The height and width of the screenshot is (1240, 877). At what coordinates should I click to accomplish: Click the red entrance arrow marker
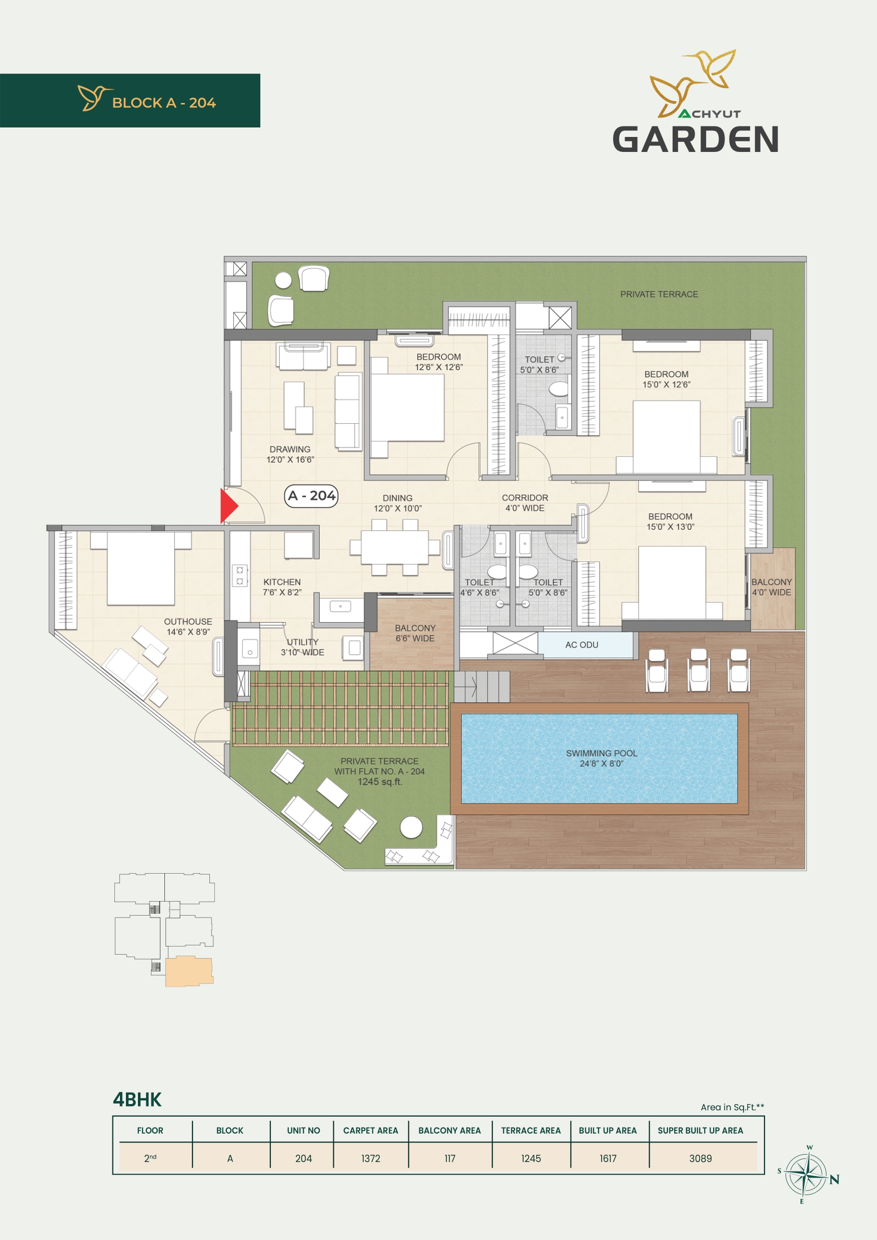[228, 505]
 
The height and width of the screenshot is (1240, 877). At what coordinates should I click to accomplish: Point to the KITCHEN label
[282, 582]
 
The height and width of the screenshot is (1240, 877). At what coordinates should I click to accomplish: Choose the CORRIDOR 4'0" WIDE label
[525, 503]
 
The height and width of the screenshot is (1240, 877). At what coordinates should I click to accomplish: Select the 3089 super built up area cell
[701, 1159]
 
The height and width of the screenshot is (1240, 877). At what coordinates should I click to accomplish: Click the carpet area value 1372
[370, 1159]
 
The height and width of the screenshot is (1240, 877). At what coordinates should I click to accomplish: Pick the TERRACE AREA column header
[531, 1131]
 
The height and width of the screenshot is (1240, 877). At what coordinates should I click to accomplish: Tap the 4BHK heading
[137, 1100]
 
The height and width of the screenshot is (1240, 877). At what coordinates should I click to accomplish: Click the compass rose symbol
[805, 1175]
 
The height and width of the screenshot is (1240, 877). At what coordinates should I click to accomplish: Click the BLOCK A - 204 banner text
[164, 102]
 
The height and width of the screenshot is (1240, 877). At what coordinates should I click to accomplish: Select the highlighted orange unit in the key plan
[189, 971]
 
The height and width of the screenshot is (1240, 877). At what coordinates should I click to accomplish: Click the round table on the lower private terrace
[411, 827]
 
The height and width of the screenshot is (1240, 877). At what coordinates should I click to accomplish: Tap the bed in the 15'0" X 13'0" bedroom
[672, 582]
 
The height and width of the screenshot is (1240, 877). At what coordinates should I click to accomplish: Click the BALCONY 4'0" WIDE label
[772, 587]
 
